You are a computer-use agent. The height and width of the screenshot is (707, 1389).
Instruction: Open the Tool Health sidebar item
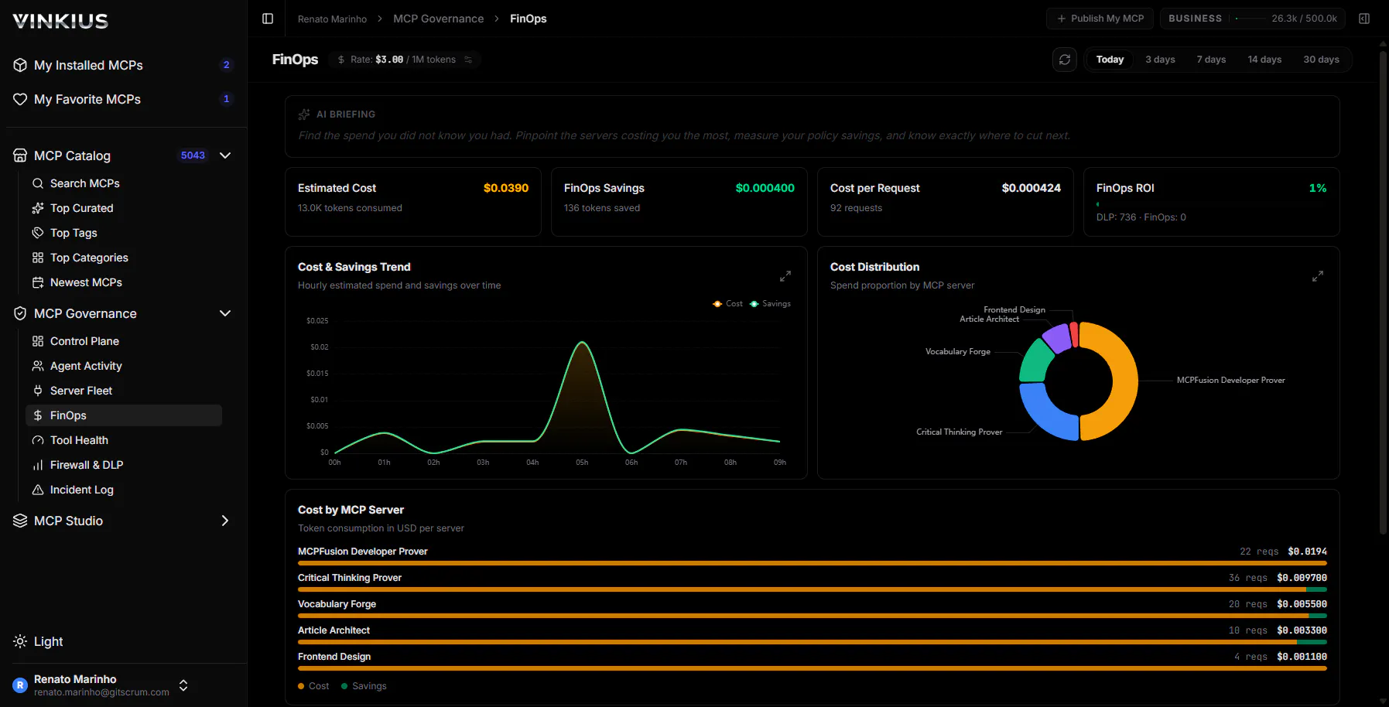(x=79, y=440)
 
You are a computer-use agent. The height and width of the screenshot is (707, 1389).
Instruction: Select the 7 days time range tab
(x=1211, y=60)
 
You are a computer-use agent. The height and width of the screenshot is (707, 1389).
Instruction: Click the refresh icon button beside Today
(x=1065, y=60)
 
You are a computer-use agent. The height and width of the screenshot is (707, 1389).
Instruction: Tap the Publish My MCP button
(x=1100, y=19)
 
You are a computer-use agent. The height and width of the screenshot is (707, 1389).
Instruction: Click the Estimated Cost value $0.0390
(x=506, y=188)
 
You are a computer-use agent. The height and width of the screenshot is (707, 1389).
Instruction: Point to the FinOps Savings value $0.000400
(x=765, y=188)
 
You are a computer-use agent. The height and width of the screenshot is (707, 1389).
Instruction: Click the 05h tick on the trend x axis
(x=582, y=463)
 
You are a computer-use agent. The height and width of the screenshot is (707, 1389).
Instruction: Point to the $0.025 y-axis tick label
(x=317, y=321)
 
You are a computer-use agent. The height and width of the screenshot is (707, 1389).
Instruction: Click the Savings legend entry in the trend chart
(x=771, y=304)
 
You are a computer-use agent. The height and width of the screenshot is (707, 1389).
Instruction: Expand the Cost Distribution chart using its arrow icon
(x=1318, y=276)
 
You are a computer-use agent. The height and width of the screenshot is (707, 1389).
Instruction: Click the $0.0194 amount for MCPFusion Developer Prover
(x=1307, y=552)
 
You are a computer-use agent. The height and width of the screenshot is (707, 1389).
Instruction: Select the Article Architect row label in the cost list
(x=334, y=630)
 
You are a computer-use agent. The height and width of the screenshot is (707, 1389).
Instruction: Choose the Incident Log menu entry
(x=81, y=490)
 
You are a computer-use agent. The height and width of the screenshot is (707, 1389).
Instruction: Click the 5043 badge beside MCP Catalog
(x=193, y=155)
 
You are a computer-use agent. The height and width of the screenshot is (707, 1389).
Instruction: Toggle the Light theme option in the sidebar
(x=39, y=641)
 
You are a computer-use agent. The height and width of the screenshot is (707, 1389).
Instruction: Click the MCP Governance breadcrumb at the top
(x=438, y=19)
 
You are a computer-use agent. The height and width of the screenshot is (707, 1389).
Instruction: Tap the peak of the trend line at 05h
(x=582, y=342)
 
